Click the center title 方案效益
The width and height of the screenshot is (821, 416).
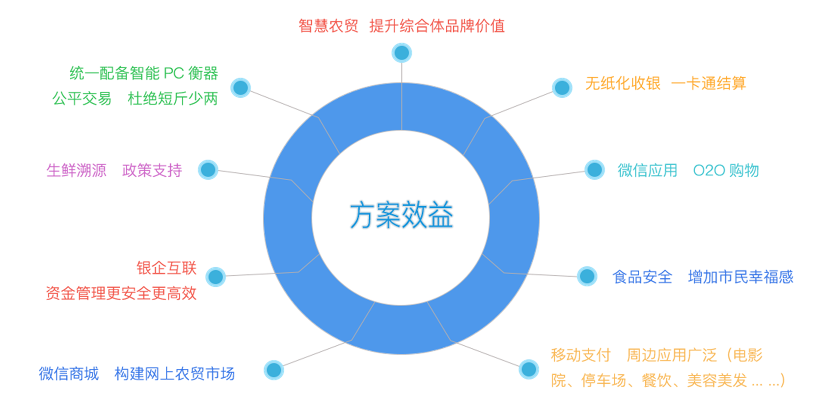[x=401, y=215]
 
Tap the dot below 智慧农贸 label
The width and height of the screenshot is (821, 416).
[x=402, y=53]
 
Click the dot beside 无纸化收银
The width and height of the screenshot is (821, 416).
[x=562, y=88]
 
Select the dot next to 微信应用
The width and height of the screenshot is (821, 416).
[x=594, y=170]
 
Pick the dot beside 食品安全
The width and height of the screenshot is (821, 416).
[x=587, y=277]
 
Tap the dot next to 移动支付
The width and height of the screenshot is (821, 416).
[x=529, y=369]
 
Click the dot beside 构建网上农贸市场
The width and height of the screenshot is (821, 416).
[x=274, y=370]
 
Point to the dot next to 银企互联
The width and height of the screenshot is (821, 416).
[x=216, y=277]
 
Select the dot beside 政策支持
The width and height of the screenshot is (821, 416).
[x=208, y=170]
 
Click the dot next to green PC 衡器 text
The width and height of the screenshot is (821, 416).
[x=241, y=88]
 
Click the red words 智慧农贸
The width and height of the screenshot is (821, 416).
[x=328, y=26]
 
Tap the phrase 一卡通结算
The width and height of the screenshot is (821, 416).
[x=708, y=83]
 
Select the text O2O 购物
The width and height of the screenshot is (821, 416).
[x=726, y=170]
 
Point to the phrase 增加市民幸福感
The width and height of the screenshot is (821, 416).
[x=740, y=277]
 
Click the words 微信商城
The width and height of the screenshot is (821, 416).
[x=69, y=374]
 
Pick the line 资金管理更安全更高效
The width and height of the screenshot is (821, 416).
[x=121, y=293]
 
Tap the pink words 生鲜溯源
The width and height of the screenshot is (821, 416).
[x=76, y=170]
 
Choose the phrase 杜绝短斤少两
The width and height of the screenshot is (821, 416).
[x=172, y=99]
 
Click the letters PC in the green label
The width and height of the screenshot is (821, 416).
[x=173, y=74]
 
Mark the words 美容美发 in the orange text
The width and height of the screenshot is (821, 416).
[x=716, y=380]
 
